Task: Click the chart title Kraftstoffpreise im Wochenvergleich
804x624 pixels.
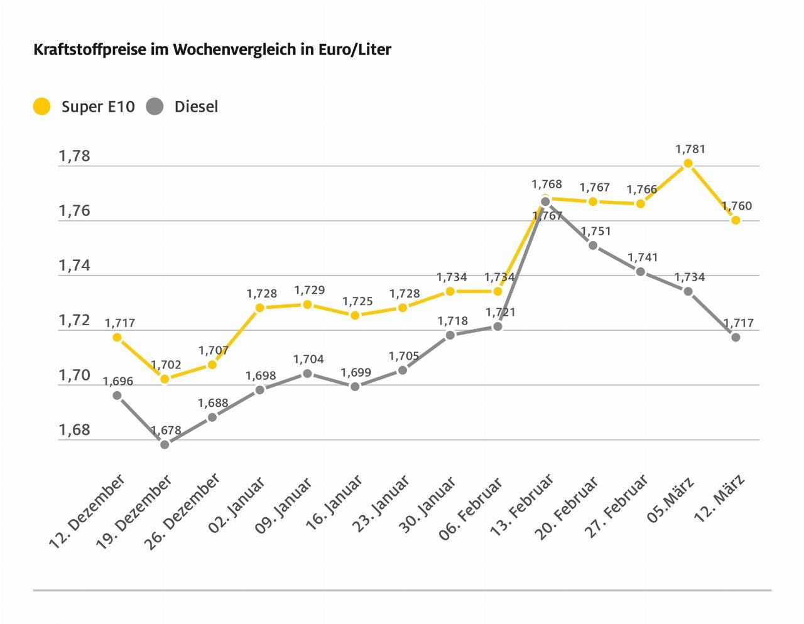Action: (212, 50)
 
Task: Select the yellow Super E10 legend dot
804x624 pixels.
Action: (41, 107)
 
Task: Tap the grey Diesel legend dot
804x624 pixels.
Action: (155, 107)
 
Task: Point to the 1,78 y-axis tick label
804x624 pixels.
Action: (75, 156)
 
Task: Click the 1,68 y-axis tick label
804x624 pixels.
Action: (75, 430)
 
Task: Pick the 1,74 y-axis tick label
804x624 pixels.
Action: (75, 266)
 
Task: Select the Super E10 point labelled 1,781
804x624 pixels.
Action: (688, 163)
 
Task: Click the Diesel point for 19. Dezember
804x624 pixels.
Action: (165, 444)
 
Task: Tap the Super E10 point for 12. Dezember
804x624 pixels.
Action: (117, 337)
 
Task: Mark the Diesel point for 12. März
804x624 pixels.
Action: (736, 337)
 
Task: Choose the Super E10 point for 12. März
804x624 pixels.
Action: (736, 220)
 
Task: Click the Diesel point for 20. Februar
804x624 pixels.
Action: (593, 245)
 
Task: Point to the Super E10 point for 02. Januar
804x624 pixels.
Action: (259, 308)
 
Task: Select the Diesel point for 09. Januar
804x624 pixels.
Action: (307, 374)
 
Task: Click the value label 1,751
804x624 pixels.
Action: (595, 231)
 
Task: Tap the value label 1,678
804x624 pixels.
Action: (166, 431)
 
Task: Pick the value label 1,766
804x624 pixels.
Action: (642, 189)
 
